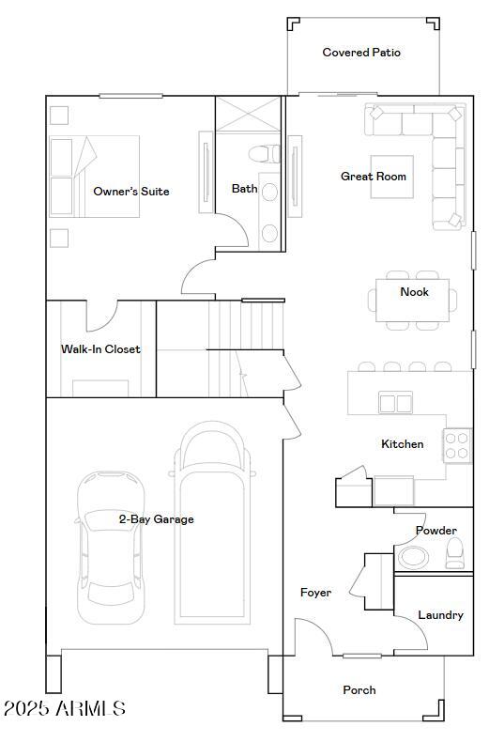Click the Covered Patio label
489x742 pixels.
361,53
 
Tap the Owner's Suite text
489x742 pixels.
131,192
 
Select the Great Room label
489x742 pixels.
374,177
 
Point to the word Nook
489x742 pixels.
414,292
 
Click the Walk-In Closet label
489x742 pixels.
100,349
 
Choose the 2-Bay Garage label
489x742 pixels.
156,519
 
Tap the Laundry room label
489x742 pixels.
440,615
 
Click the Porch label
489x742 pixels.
359,690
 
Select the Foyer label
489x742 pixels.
315,593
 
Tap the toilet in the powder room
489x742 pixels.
454,553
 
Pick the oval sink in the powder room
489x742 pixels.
413,558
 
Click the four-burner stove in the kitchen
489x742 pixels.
457,445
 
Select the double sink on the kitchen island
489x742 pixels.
395,403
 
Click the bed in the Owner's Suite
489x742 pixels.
94,177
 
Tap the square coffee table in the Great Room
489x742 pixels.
391,177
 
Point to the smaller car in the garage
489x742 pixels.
110,546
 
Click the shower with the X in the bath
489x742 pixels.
249,115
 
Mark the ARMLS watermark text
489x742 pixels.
64,708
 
